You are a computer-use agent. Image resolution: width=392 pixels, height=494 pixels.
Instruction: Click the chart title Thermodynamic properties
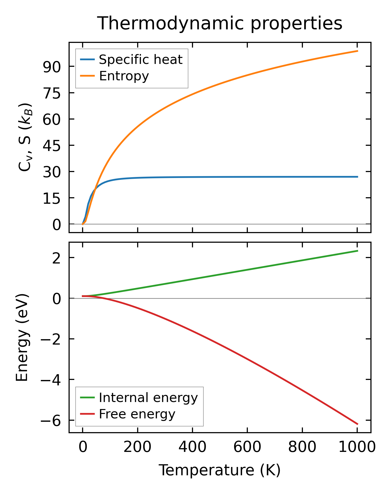(x=220, y=23)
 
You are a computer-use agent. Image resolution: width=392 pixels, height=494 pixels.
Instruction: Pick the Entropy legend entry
(x=124, y=76)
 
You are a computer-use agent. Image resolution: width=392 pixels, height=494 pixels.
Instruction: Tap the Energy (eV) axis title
(x=22, y=338)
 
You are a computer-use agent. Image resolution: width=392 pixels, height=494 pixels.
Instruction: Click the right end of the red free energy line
(x=358, y=424)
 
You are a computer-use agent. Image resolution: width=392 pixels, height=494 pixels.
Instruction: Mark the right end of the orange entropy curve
(x=358, y=51)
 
